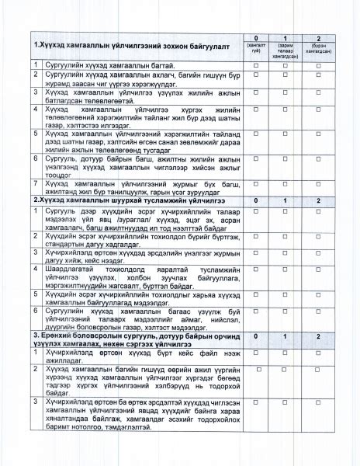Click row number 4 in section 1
click(36, 110)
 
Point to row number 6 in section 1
click(36, 158)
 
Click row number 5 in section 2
click(36, 294)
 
